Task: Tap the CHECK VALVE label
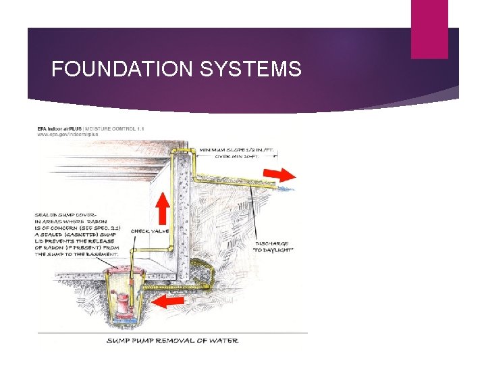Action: click(150, 231)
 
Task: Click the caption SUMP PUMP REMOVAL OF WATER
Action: click(172, 340)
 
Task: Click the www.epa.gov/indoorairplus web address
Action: click(67, 135)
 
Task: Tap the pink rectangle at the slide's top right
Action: click(429, 29)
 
